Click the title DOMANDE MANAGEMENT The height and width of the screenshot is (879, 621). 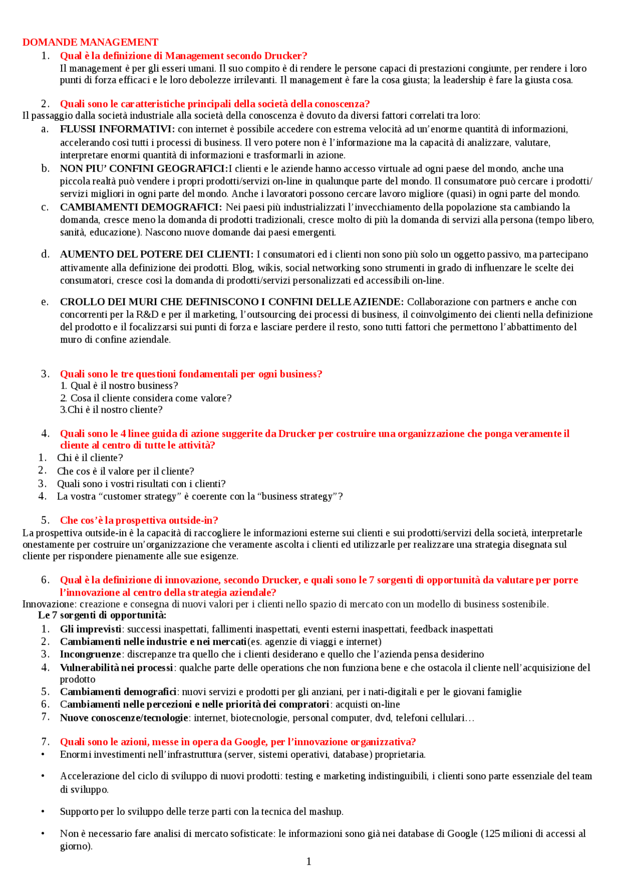[90, 42]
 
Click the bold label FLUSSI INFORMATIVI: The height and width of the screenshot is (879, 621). [117, 129]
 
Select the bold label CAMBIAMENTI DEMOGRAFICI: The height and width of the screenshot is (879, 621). [141, 207]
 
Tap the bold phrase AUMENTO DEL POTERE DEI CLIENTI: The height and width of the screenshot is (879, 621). [157, 254]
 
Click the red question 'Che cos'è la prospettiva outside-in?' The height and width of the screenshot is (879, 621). [139, 520]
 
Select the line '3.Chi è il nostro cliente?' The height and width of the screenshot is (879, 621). [111, 410]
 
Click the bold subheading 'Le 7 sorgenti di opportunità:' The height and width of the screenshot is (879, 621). [102, 615]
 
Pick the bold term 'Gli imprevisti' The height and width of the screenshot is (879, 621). [91, 629]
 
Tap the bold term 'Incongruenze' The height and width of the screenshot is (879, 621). [91, 654]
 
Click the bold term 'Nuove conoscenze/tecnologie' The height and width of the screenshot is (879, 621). [124, 717]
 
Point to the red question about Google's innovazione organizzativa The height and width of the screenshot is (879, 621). [238, 742]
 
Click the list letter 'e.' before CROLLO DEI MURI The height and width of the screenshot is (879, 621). [45, 302]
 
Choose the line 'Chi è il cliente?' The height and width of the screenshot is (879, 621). [90, 458]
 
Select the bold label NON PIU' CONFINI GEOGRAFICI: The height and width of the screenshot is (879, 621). [144, 169]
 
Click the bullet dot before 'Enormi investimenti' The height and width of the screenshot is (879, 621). [43, 755]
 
